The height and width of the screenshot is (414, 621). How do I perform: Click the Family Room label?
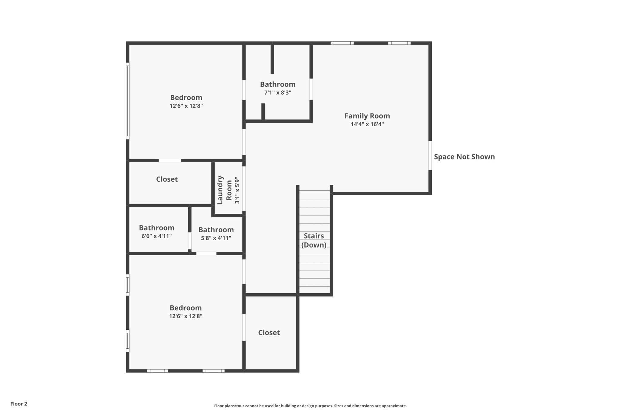pos(367,116)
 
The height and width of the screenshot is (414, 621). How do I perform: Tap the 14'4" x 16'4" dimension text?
pos(367,124)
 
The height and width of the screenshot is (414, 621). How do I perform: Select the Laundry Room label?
pos(224,190)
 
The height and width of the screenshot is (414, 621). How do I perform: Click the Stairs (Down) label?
pos(314,240)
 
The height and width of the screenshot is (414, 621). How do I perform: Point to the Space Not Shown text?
pos(464,157)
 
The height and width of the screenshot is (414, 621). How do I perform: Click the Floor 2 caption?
pos(19,404)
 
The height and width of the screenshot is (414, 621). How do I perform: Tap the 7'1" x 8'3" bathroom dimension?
pos(277,93)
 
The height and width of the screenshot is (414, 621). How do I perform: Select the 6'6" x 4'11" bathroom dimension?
pos(156,236)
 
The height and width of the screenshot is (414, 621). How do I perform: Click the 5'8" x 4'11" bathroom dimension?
pos(216,238)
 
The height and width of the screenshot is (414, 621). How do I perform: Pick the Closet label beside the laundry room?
pos(167,179)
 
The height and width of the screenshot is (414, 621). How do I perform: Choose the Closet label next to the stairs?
pos(269,333)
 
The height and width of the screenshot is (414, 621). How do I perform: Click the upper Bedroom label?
pos(186,98)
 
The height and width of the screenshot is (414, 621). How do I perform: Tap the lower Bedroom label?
pos(186,308)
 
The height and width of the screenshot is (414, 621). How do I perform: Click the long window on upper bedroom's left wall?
pos(128,101)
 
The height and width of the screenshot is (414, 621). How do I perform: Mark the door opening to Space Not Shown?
pos(430,155)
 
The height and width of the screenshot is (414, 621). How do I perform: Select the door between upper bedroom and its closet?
pos(170,160)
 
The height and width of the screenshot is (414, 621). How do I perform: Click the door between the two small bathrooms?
pos(190,241)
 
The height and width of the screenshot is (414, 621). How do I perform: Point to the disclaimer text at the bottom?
pos(310,406)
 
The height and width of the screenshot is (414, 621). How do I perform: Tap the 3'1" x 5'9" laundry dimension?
pos(237,190)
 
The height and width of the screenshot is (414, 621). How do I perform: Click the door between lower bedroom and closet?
pos(244,327)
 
